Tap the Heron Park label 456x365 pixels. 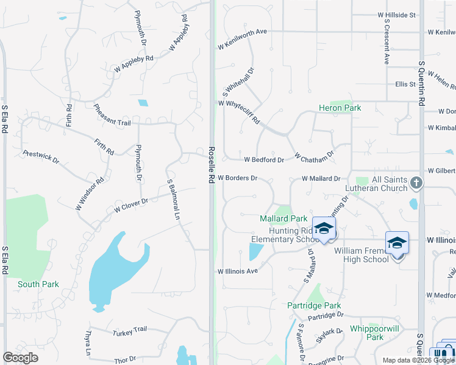tap(340, 108)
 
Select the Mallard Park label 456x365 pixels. tap(283, 218)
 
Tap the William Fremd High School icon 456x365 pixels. tap(397, 243)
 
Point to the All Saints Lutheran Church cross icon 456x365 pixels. tap(416, 182)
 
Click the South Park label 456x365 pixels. tap(38, 284)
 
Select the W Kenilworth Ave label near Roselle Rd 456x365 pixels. tap(243, 46)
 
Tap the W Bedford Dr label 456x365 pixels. tap(264, 160)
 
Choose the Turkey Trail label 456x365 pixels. tap(130, 330)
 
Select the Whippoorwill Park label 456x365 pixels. tap(366, 333)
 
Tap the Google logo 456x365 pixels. tap(21, 358)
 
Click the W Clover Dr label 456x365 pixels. tap(130, 205)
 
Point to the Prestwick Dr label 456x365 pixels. tap(40, 157)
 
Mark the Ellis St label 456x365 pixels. tap(405, 84)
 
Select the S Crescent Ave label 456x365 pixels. tap(386, 41)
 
